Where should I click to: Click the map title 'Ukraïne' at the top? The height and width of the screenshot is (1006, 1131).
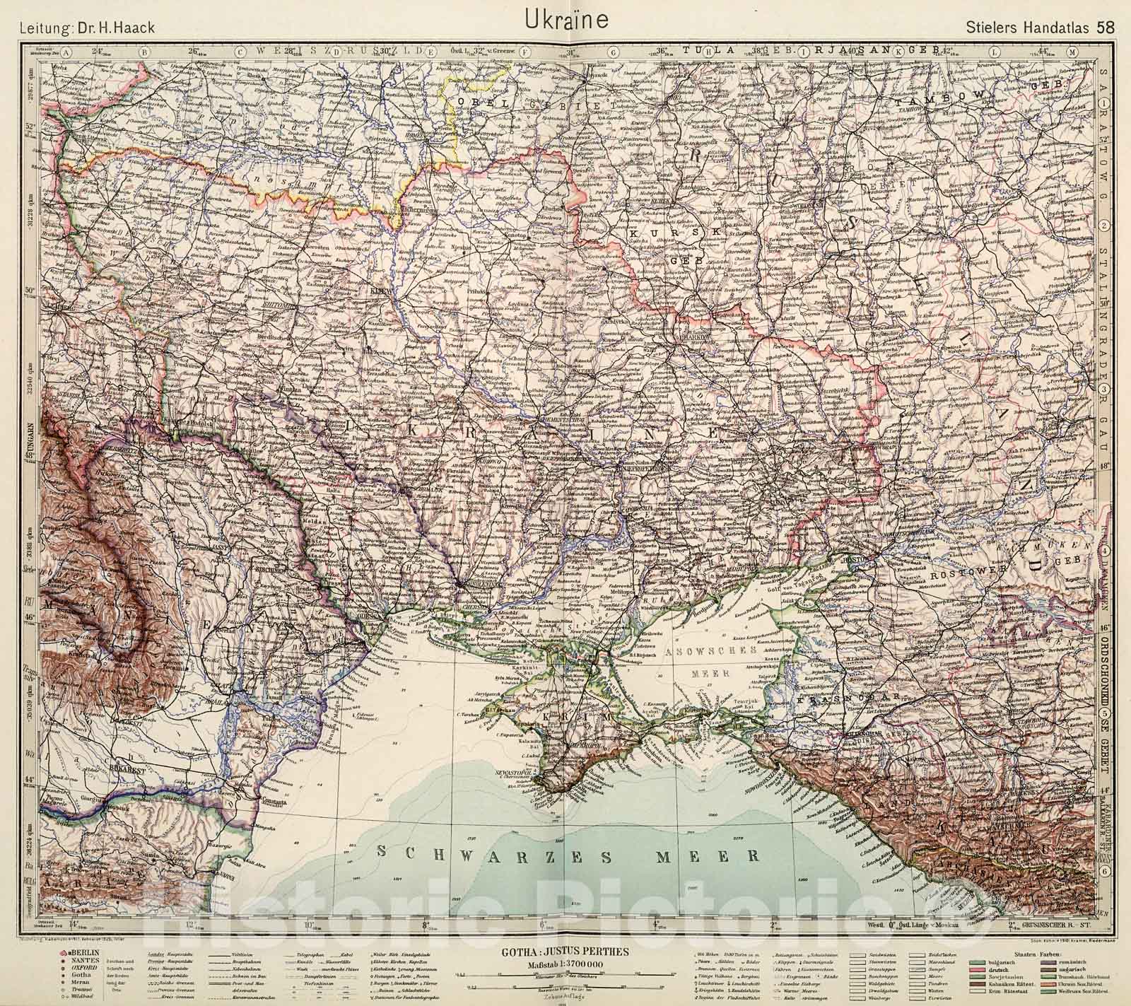pos(566,19)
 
